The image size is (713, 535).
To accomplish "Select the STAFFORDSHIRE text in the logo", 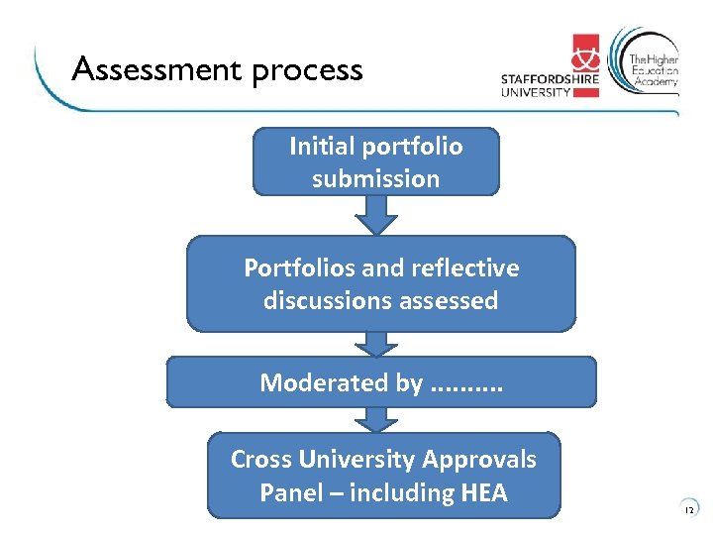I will (549, 80).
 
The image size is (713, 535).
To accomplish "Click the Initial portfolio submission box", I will (375, 161).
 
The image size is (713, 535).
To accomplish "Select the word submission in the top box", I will (375, 179).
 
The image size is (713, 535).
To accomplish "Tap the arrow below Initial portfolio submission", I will (375, 213).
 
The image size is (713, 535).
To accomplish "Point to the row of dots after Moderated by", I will (467, 386).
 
